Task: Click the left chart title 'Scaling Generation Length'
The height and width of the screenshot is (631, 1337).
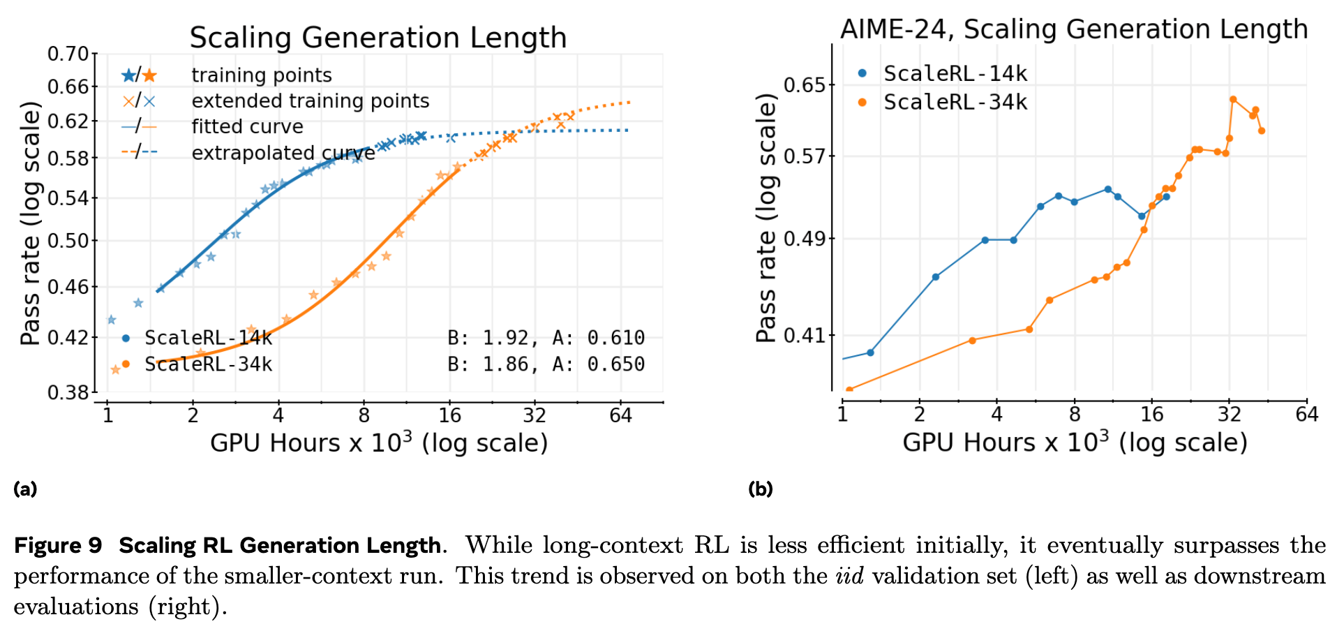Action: (378, 38)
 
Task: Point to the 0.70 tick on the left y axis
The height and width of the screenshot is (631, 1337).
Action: (68, 54)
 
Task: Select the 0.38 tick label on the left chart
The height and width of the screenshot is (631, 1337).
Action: (68, 393)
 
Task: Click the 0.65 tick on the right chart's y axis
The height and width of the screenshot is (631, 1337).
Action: (805, 85)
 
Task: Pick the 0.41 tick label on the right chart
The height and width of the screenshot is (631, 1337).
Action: (805, 336)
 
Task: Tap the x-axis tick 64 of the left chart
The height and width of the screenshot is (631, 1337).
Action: (620, 416)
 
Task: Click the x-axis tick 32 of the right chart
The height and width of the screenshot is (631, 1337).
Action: (1229, 415)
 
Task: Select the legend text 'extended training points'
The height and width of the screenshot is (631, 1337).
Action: (311, 101)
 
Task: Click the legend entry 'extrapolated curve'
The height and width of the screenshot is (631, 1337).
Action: (283, 153)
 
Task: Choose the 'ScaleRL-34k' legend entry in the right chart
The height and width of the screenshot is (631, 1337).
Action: (955, 103)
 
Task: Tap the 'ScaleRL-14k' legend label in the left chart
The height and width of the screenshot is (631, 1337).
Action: (208, 339)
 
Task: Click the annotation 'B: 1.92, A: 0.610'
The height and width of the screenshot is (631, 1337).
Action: (546, 339)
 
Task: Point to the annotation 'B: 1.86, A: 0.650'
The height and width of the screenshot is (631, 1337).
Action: (546, 364)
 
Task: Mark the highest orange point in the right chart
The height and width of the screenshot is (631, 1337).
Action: (1233, 99)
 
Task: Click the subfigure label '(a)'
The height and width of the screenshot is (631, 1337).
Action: (25, 489)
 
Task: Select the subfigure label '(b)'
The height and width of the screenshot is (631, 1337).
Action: (760, 489)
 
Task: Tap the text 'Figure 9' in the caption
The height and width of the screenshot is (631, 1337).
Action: (58, 545)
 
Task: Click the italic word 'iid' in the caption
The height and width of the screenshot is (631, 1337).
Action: (849, 576)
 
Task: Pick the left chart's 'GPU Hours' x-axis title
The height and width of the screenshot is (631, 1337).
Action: (379, 443)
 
